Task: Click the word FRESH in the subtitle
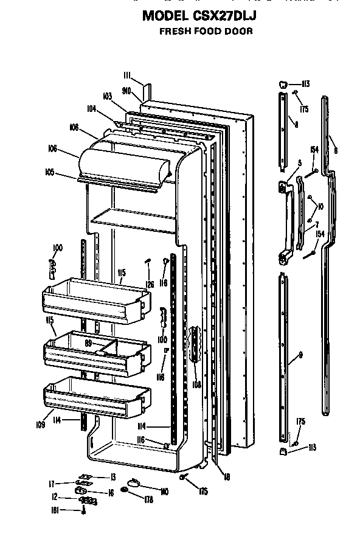[x=173, y=31]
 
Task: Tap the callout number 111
[x=126, y=75]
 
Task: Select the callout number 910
[x=127, y=90]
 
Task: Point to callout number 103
[x=108, y=96]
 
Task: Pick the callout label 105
[x=48, y=172]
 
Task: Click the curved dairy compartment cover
[x=125, y=161]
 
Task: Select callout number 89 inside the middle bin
[x=89, y=344]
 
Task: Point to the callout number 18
[x=226, y=477]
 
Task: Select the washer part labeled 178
[x=125, y=490]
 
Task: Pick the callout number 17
[x=52, y=484]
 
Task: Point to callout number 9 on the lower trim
[x=300, y=355]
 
